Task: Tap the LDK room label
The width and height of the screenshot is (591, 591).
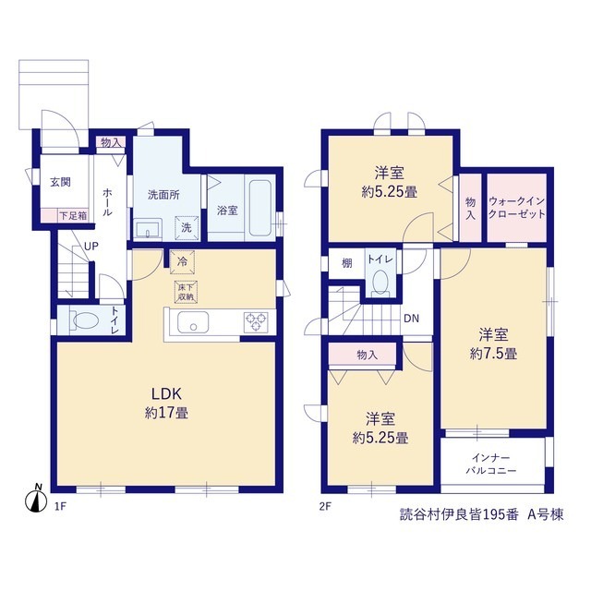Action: [166, 394]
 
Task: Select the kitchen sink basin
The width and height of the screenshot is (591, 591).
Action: [193, 322]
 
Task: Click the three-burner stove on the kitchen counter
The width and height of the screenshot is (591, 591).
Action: [257, 322]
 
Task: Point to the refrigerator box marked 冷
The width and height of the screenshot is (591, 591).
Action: [183, 262]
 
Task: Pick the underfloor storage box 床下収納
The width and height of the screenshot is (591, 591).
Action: [186, 292]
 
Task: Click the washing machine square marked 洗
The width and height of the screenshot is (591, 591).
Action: [187, 228]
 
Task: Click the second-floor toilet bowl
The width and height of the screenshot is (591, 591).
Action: [380, 282]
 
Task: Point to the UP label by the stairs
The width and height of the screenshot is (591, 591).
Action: [91, 247]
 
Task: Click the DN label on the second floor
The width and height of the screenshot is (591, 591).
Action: [411, 319]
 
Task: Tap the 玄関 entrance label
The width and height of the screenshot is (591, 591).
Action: [60, 182]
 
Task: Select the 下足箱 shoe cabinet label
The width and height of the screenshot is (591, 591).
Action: [74, 215]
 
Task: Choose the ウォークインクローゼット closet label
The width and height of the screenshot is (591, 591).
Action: [517, 208]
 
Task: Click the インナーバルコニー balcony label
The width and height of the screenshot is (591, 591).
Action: [491, 464]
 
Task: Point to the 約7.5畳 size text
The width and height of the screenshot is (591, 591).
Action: [493, 354]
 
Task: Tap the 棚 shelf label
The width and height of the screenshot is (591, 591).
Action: [347, 263]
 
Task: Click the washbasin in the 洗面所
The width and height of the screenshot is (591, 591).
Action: [148, 229]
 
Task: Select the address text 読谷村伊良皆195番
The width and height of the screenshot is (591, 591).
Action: [459, 515]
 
